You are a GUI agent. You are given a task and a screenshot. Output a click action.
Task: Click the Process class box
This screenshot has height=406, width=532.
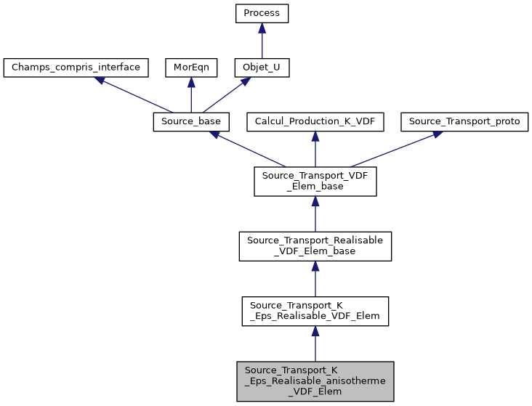(x=262, y=14)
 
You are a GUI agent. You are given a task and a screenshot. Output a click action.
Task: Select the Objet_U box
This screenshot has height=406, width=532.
(x=262, y=68)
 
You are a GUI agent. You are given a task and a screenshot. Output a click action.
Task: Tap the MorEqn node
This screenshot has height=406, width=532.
(x=190, y=68)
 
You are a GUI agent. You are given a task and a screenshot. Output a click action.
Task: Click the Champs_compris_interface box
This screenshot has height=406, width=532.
(x=76, y=68)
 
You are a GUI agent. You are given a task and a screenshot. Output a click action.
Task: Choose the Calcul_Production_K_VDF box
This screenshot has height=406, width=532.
(x=315, y=121)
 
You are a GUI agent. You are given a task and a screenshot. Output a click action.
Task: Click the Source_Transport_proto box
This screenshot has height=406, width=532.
(x=464, y=121)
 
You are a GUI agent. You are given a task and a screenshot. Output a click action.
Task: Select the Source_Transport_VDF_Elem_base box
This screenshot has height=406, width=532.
(x=315, y=181)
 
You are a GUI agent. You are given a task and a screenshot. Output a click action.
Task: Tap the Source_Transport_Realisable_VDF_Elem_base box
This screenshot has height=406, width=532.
(x=315, y=245)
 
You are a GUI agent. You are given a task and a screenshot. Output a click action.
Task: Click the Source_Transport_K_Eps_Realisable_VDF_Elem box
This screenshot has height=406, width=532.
(x=315, y=310)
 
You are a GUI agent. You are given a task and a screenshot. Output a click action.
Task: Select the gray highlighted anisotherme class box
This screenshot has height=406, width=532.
(x=315, y=381)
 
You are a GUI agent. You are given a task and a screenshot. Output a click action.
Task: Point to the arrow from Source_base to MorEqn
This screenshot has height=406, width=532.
(x=190, y=94)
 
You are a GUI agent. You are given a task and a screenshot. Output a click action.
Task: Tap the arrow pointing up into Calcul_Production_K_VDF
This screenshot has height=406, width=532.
(x=315, y=149)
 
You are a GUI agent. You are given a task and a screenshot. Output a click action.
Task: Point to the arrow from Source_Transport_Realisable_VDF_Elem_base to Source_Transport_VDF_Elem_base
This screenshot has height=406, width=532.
(x=315, y=214)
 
